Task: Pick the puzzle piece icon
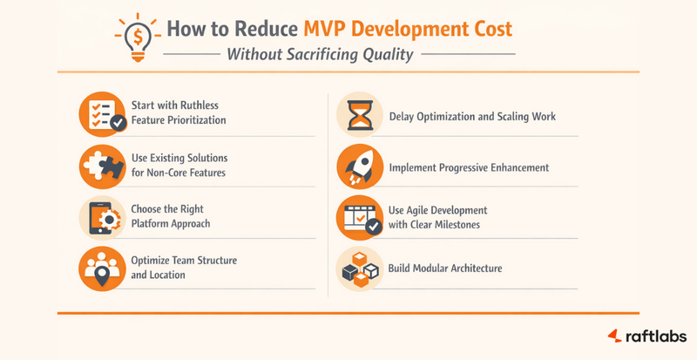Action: click(x=101, y=164)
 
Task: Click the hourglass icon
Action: click(x=359, y=115)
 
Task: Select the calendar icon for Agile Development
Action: click(x=359, y=218)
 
